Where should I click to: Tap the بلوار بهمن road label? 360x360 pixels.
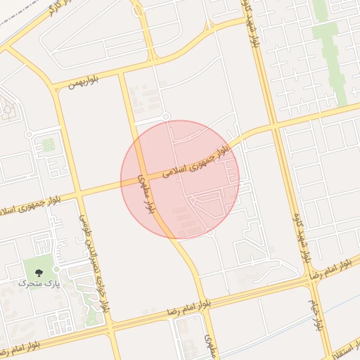[x=84, y=82]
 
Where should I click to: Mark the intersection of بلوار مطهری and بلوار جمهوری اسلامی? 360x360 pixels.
[x=141, y=181]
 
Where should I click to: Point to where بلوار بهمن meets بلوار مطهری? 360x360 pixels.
[x=122, y=73]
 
